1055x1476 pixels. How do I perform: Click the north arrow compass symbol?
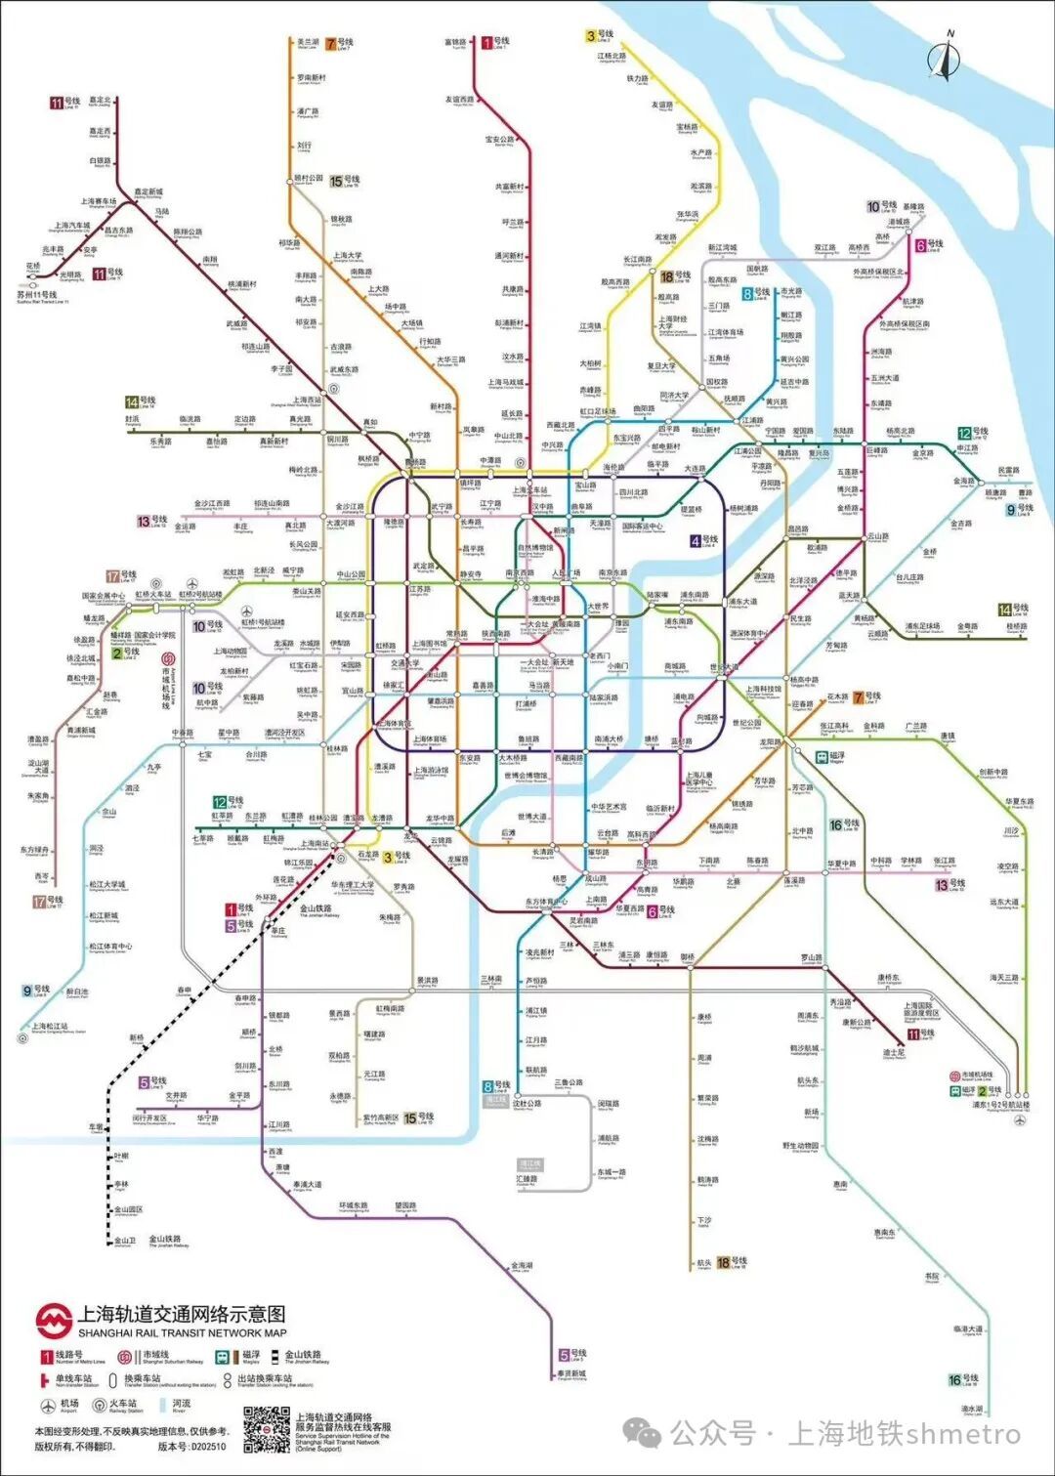945,57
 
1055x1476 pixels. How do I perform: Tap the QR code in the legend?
266,1428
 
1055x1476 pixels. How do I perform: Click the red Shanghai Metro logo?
54,1322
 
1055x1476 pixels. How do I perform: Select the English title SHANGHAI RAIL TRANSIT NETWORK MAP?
182,1332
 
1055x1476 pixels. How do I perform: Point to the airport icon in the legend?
48,1406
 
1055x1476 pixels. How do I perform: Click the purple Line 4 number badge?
696,540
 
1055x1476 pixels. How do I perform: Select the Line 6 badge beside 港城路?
920,244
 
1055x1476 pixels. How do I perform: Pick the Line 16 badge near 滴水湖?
954,1380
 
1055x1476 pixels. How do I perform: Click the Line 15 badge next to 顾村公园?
336,181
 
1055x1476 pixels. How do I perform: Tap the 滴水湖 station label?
971,1410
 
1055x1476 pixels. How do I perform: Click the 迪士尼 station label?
894,1053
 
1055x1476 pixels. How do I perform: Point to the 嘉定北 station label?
100,101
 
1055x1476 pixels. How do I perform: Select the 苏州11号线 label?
37,295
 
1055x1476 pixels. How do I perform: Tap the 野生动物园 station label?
800,1146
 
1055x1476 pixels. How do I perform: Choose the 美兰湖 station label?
308,43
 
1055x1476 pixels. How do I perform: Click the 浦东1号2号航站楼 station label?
1000,1105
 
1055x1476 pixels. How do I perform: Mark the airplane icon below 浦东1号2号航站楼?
1021,1120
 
